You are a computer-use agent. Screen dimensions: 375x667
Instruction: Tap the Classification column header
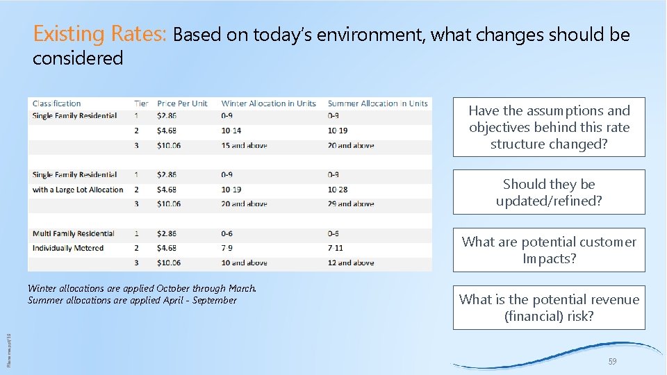tap(57, 103)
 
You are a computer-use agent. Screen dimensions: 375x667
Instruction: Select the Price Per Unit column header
tap(182, 103)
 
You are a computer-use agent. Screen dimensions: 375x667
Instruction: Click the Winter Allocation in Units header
tap(268, 103)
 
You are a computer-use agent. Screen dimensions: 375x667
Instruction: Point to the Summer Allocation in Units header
tap(377, 103)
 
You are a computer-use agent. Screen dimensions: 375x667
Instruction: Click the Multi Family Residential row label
tap(73, 233)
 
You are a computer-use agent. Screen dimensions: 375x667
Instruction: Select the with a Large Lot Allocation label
tap(78, 190)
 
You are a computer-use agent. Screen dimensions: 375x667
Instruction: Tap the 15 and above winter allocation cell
tap(244, 146)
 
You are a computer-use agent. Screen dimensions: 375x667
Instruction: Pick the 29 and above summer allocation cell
tap(350, 204)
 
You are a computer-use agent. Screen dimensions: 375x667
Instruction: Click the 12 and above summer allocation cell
tap(350, 262)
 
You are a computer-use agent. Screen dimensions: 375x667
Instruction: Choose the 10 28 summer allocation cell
tap(338, 190)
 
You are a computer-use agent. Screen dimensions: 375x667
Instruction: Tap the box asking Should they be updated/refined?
tap(549, 192)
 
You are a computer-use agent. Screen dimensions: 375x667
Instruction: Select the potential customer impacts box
tap(549, 250)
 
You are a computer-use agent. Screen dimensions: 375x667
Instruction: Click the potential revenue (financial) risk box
tap(549, 308)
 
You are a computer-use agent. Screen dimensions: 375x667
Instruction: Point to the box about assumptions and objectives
tap(549, 127)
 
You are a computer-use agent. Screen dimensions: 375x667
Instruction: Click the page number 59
tap(612, 362)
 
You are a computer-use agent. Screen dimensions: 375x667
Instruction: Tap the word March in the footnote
tap(241, 288)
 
